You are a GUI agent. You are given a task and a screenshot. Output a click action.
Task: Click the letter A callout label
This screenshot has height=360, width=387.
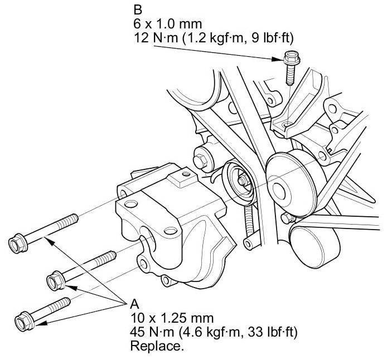(134, 305)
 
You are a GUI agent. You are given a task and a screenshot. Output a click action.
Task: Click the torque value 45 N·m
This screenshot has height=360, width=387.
(152, 333)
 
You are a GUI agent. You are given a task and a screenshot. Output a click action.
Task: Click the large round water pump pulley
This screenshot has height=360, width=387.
(292, 178)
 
